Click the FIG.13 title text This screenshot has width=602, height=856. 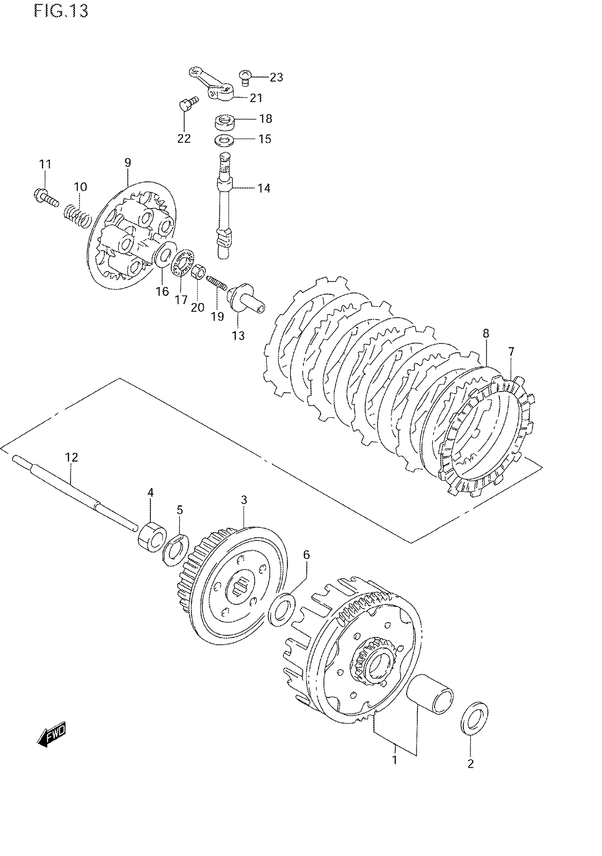pyautogui.click(x=61, y=12)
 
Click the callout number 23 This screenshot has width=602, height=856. pyautogui.click(x=277, y=78)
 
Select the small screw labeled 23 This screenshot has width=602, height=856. pyautogui.click(x=244, y=77)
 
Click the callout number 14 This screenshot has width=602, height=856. pyautogui.click(x=264, y=188)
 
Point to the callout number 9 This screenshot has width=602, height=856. pyautogui.click(x=128, y=163)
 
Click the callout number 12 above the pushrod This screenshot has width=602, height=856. pyautogui.click(x=72, y=458)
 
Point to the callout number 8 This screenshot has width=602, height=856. pyautogui.click(x=486, y=333)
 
